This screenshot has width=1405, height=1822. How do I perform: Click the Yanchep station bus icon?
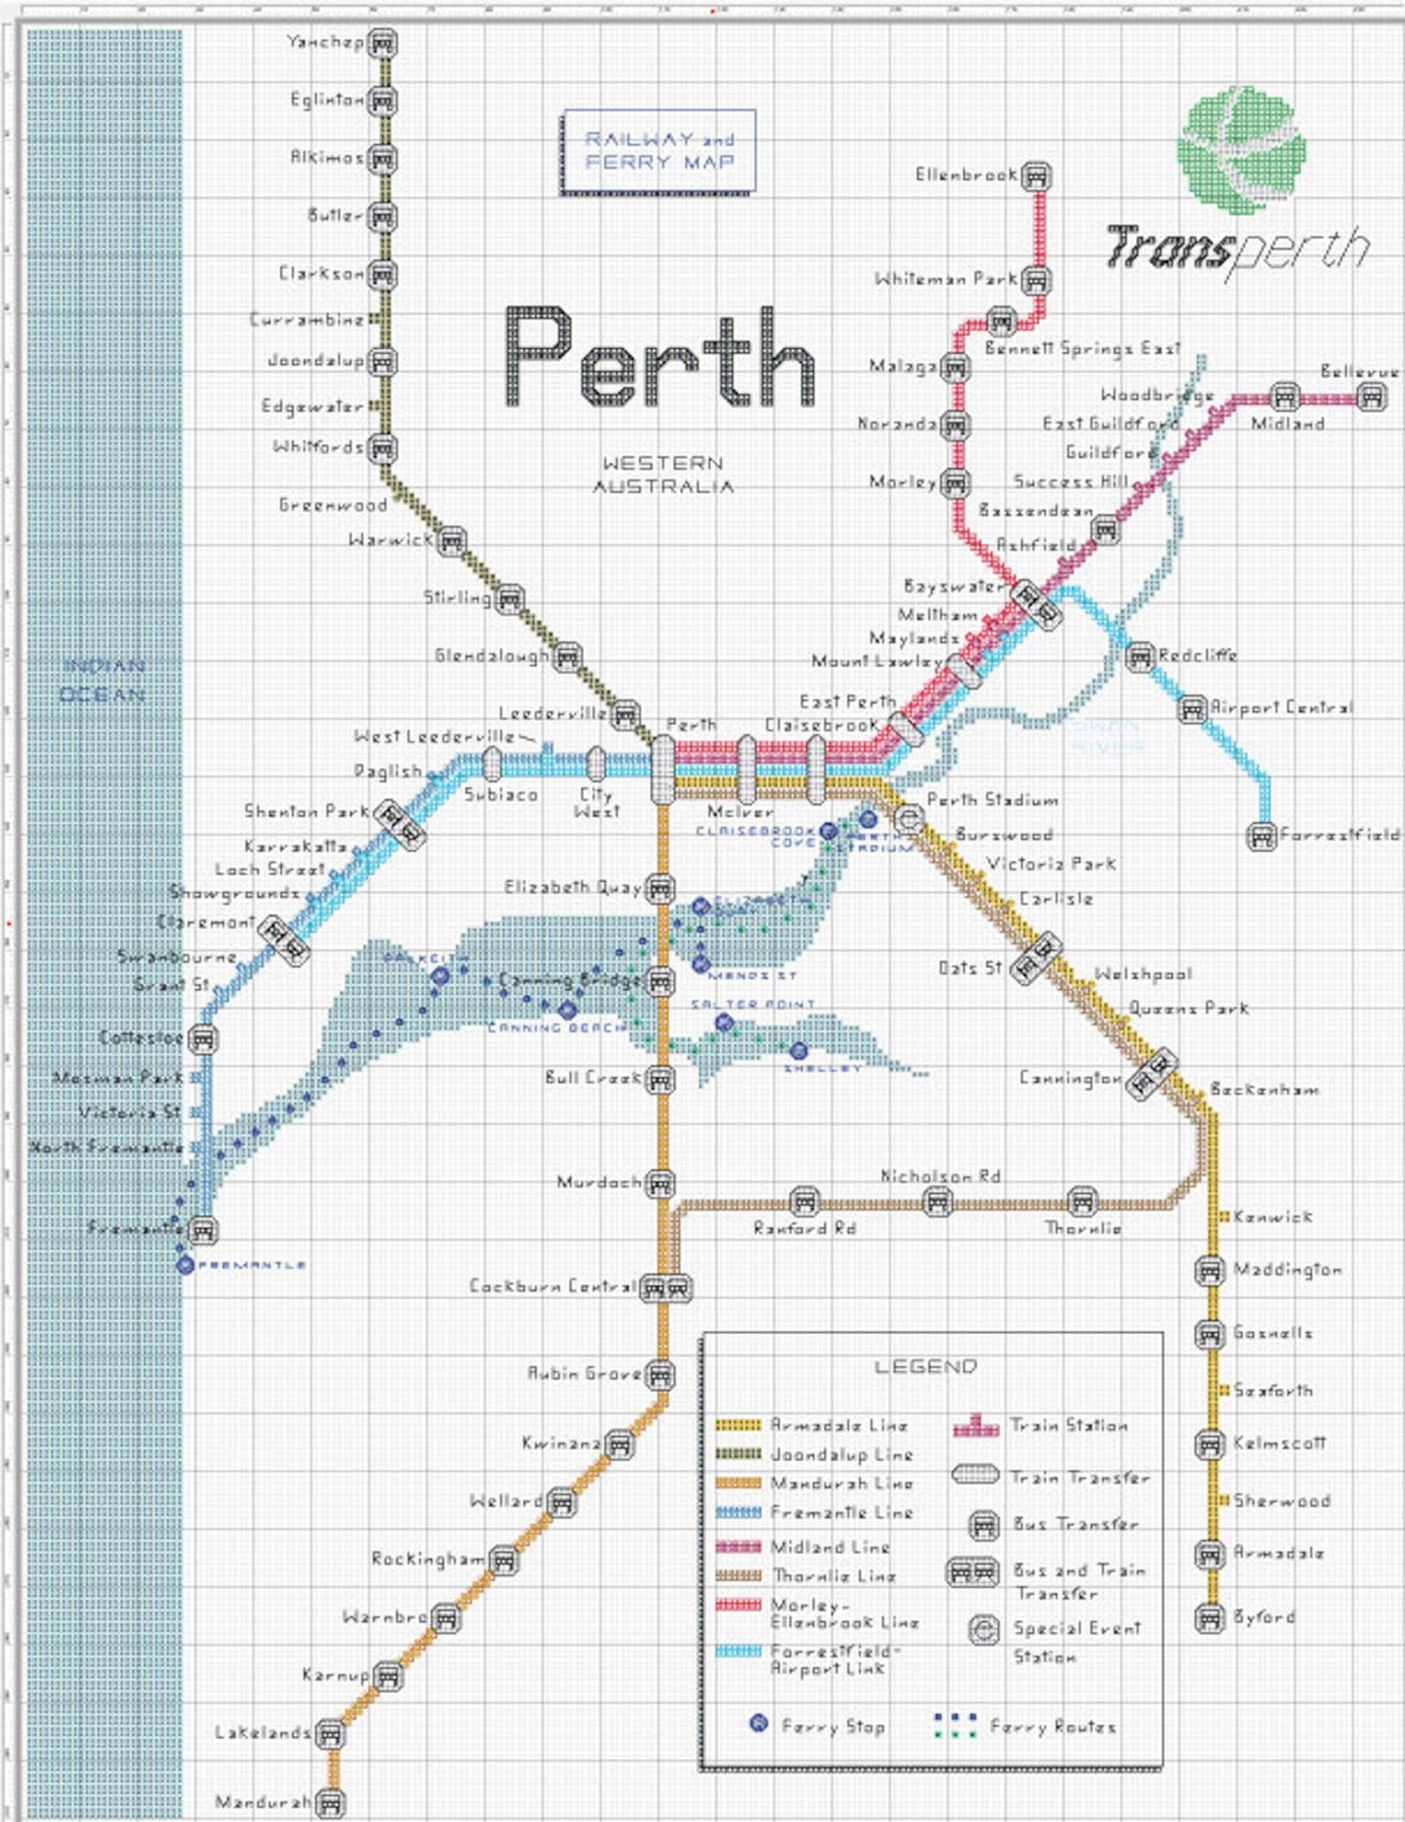click(382, 42)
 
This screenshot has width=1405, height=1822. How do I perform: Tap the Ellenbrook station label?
click(966, 175)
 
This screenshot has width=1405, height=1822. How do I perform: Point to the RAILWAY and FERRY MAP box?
click(659, 151)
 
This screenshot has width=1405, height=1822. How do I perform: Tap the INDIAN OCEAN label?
click(103, 680)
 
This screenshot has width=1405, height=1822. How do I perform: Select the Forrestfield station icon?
click(1261, 836)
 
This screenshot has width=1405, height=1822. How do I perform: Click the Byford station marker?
click(1209, 1618)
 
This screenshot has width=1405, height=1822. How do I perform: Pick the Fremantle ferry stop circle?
click(185, 1265)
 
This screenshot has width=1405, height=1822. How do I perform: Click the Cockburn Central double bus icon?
click(665, 1288)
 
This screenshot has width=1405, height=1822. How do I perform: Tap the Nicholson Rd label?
click(940, 1176)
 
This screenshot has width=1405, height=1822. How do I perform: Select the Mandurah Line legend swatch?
click(738, 1483)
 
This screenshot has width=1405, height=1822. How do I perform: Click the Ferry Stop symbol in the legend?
click(758, 1723)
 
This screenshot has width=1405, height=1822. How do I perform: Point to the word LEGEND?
click(925, 1367)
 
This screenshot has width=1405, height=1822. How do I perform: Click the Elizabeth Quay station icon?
click(660, 888)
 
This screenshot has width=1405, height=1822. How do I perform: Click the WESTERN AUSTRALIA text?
click(663, 474)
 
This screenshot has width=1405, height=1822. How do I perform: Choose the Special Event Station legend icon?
click(983, 1630)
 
